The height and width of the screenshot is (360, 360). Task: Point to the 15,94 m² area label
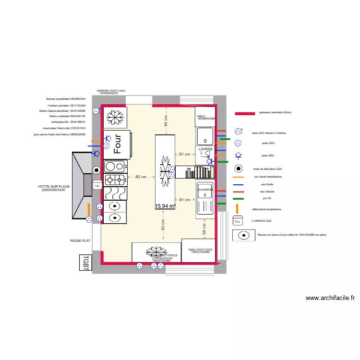(x=165, y=206)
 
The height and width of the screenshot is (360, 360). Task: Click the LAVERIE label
(x=205, y=149)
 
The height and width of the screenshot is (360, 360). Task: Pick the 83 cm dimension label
(x=163, y=226)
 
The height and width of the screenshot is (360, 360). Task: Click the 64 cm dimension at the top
(x=166, y=121)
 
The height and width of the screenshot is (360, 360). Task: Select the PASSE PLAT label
(x=80, y=241)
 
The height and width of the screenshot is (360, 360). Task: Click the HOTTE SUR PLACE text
(x=54, y=188)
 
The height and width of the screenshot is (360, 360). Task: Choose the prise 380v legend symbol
(x=238, y=156)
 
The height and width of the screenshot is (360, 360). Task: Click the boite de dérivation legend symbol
(x=238, y=168)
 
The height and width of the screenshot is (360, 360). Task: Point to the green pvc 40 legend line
(x=238, y=198)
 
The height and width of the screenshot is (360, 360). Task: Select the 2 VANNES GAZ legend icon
(x=238, y=221)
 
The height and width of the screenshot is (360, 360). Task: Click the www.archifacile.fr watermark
(x=331, y=298)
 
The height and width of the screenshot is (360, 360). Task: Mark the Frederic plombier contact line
(x=66, y=105)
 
